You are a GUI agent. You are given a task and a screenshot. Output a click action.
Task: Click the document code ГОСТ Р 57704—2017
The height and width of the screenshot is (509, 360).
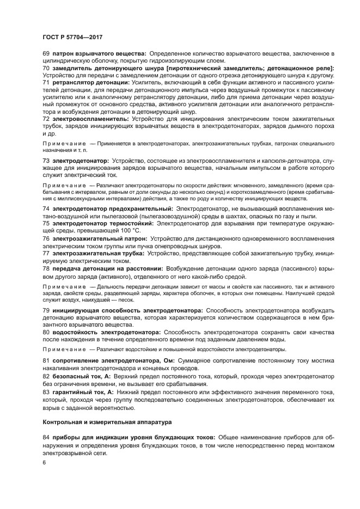point(72,36)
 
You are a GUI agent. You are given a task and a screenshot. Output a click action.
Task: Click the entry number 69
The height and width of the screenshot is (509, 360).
point(46,53)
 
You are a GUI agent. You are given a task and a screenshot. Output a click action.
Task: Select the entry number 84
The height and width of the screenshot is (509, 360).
point(46,437)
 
